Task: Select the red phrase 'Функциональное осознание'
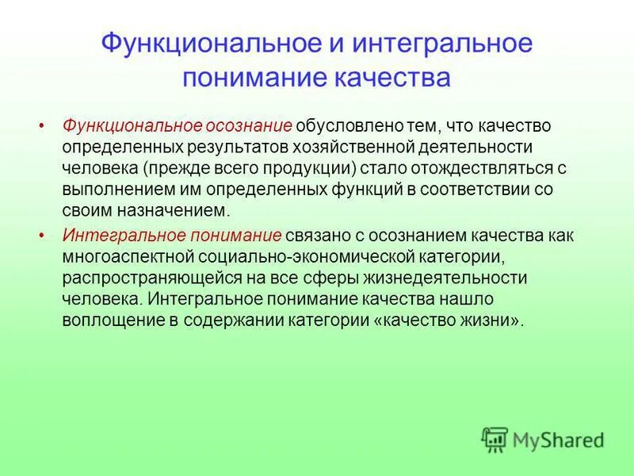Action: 178,127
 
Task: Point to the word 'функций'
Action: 341,191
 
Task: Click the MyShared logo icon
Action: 495,440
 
